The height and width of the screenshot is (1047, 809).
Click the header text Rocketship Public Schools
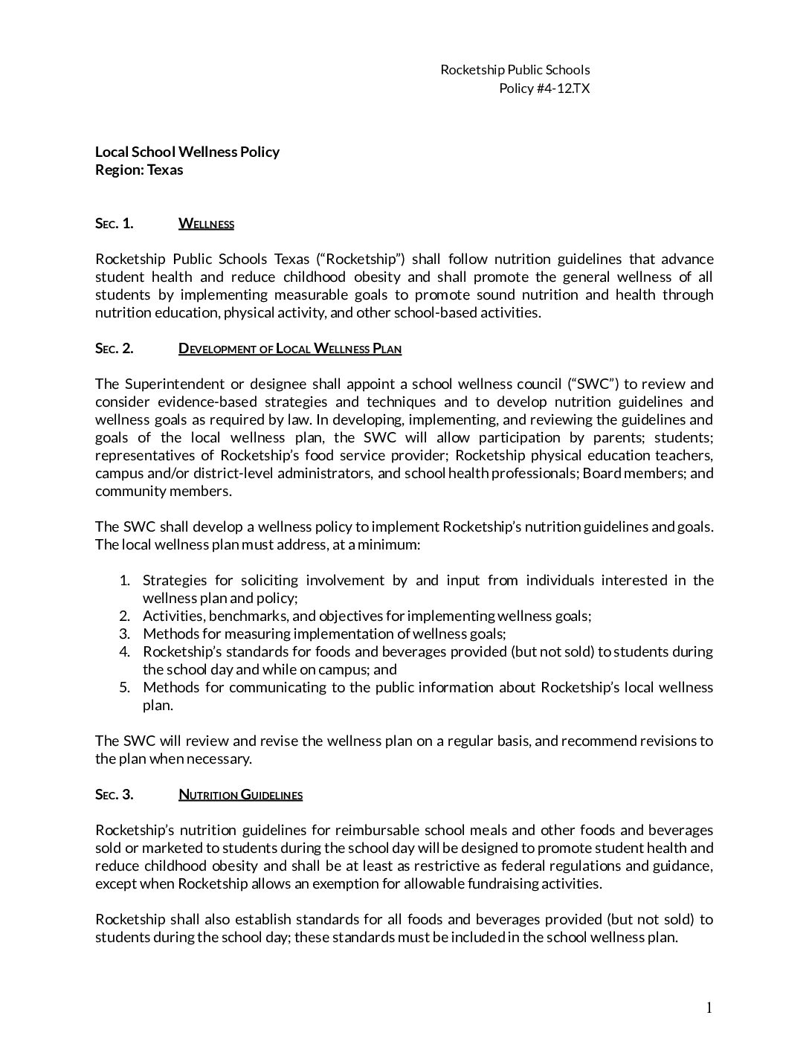point(515,70)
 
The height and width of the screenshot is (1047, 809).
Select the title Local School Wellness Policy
point(187,152)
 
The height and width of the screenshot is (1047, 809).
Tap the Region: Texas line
point(139,170)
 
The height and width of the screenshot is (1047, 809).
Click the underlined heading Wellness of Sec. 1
point(206,224)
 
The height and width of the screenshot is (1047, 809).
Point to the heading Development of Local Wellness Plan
point(290,349)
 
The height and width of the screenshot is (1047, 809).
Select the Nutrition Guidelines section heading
point(240,795)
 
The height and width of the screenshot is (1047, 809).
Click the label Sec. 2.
point(114,349)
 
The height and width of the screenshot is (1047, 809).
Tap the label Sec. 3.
point(114,795)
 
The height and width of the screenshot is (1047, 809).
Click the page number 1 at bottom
point(709,1008)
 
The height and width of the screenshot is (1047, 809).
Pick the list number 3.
point(125,634)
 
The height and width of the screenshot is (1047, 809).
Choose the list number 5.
point(125,688)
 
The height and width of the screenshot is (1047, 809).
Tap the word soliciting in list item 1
point(265,581)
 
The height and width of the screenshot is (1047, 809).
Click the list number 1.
point(125,581)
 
